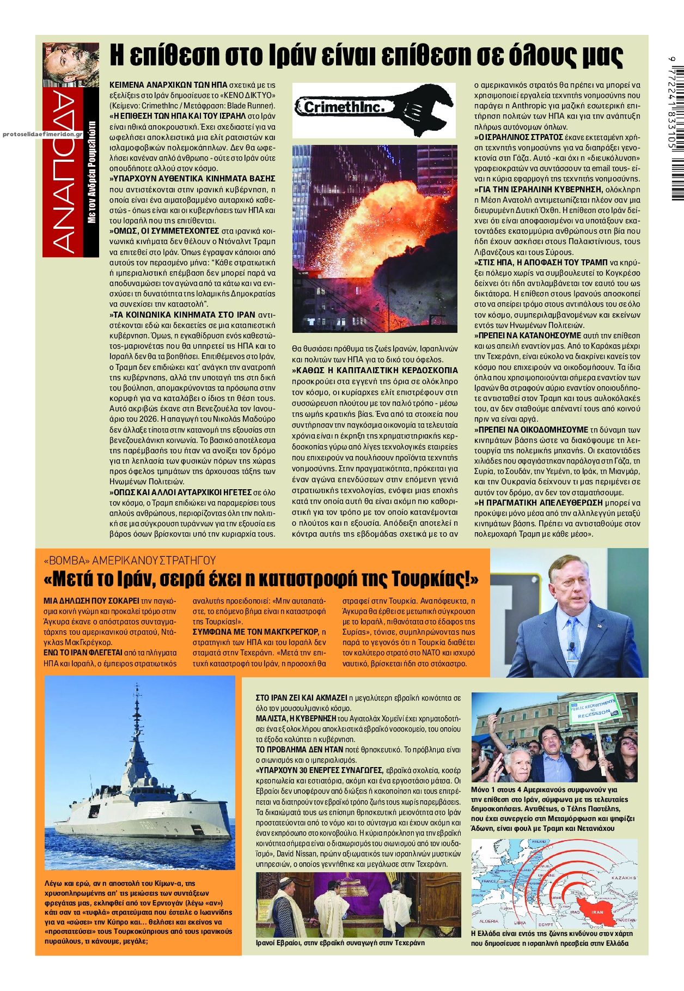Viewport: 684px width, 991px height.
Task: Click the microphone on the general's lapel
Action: tap(572, 648)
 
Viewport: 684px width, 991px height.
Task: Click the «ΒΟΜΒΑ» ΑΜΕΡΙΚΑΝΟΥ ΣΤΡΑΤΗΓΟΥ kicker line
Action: tap(130, 560)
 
